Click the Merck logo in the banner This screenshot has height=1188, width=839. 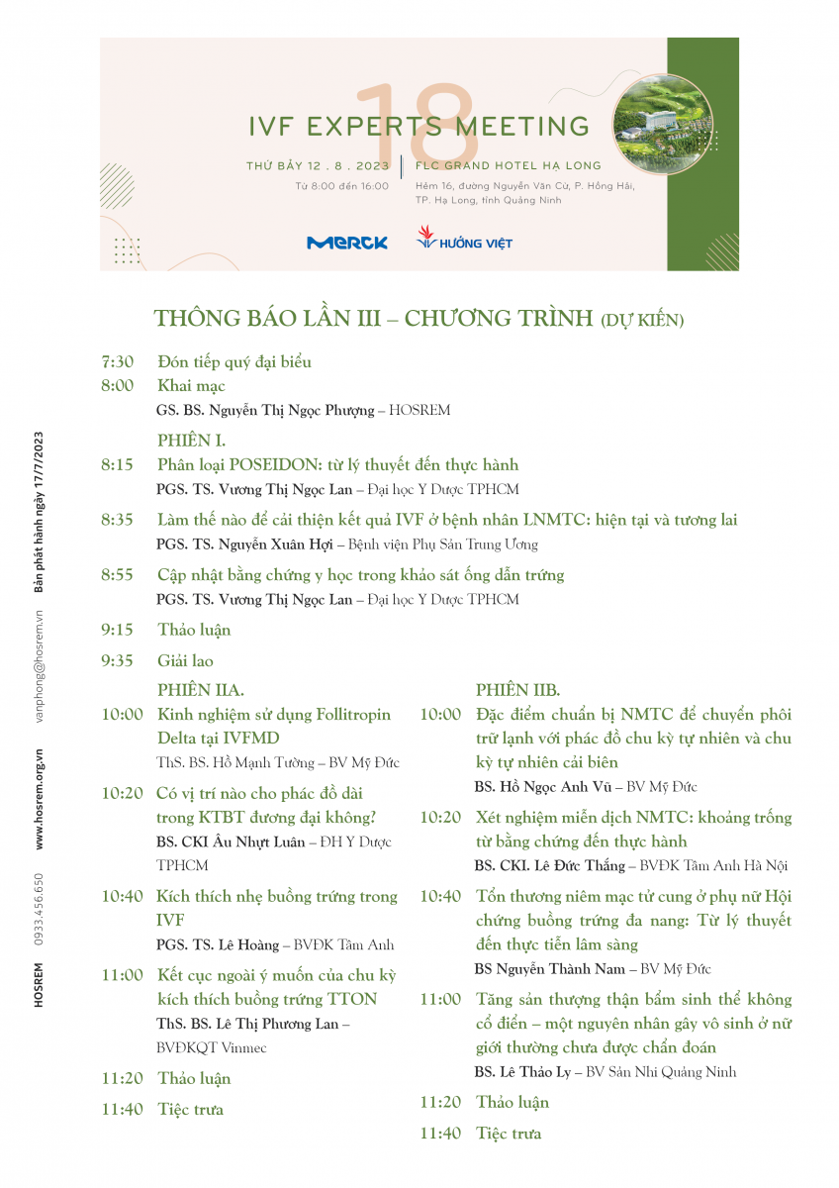coord(346,243)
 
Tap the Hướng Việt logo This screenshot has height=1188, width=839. coord(464,240)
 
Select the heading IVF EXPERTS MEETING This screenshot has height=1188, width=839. coord(419,127)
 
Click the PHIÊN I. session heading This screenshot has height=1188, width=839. coord(191,440)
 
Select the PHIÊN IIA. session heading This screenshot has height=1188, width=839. coord(201,690)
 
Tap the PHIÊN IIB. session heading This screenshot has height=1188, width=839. coord(517,690)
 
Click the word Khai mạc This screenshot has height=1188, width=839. coord(191,386)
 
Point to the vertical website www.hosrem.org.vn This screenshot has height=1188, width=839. coord(40,799)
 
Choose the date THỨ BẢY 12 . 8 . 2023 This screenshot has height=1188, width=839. coord(318,165)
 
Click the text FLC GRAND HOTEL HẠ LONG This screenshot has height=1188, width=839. coord(509,165)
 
